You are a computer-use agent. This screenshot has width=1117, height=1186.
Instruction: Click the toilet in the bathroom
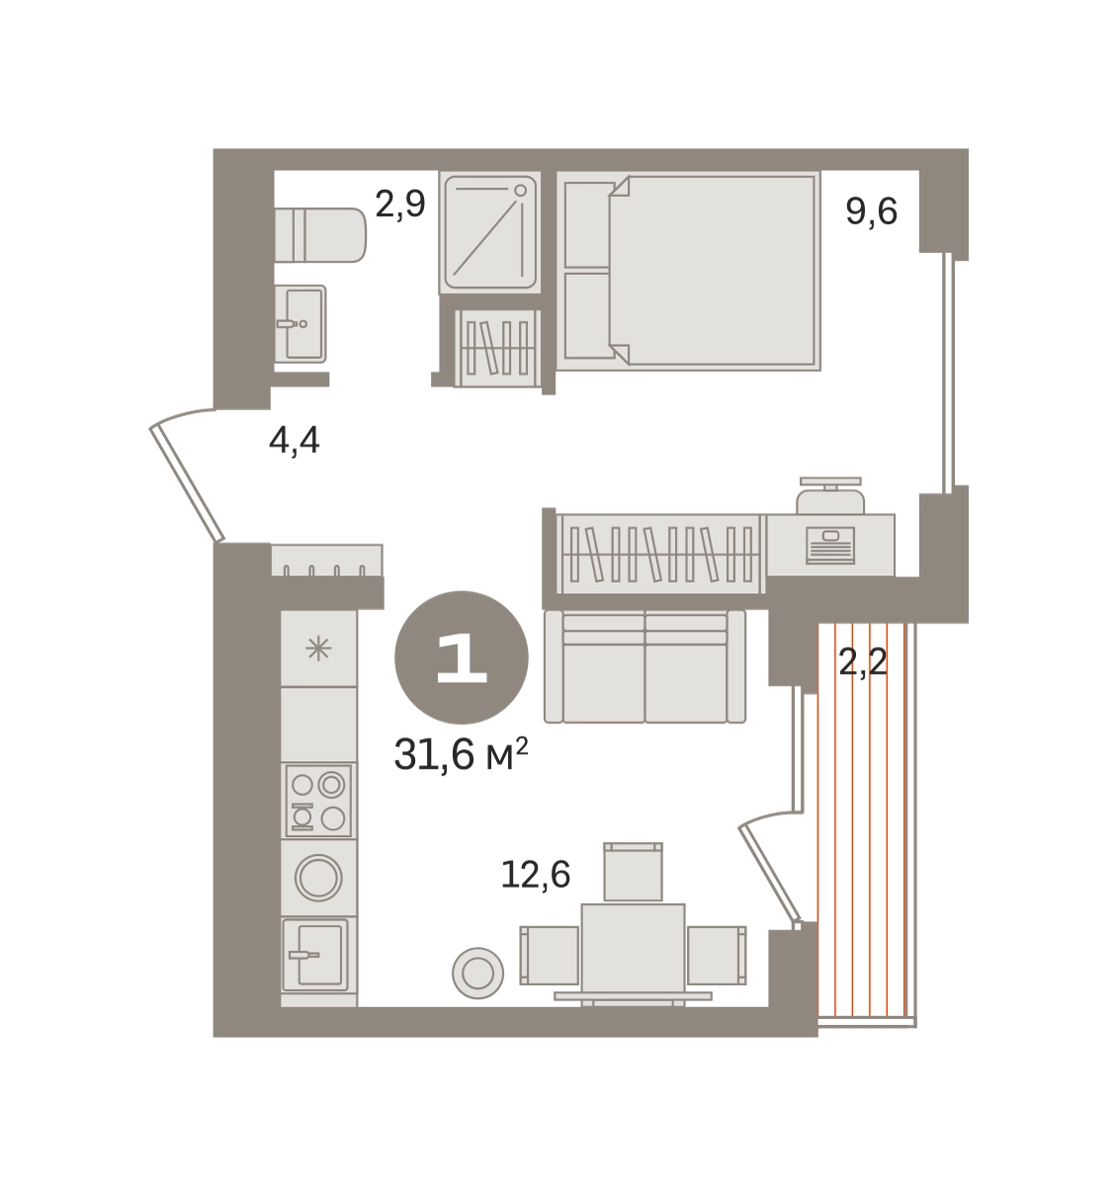(x=320, y=234)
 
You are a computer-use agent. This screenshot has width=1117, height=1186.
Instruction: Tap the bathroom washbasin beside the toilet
(x=301, y=323)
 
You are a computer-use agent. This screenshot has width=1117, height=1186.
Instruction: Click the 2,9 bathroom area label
(x=400, y=205)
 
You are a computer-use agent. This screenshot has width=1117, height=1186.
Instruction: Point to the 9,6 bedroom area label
(x=872, y=212)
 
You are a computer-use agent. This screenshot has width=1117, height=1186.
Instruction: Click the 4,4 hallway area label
(x=295, y=442)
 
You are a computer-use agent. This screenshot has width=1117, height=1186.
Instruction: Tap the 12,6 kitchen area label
(x=535, y=875)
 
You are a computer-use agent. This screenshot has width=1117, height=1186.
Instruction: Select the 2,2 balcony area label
(x=863, y=662)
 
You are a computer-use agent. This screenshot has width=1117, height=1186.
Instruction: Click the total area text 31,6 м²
(x=462, y=755)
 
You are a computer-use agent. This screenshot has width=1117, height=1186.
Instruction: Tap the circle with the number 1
(x=462, y=657)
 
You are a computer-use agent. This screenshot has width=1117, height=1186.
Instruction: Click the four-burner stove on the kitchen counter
(x=318, y=801)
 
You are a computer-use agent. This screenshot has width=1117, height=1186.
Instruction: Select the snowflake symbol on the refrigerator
(x=318, y=648)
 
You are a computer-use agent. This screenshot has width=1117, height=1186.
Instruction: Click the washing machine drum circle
(x=318, y=878)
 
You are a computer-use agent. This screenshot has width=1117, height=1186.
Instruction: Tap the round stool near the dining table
(x=477, y=973)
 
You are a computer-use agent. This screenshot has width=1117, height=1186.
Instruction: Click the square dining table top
(x=634, y=953)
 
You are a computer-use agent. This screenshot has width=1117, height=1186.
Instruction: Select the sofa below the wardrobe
(x=645, y=666)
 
